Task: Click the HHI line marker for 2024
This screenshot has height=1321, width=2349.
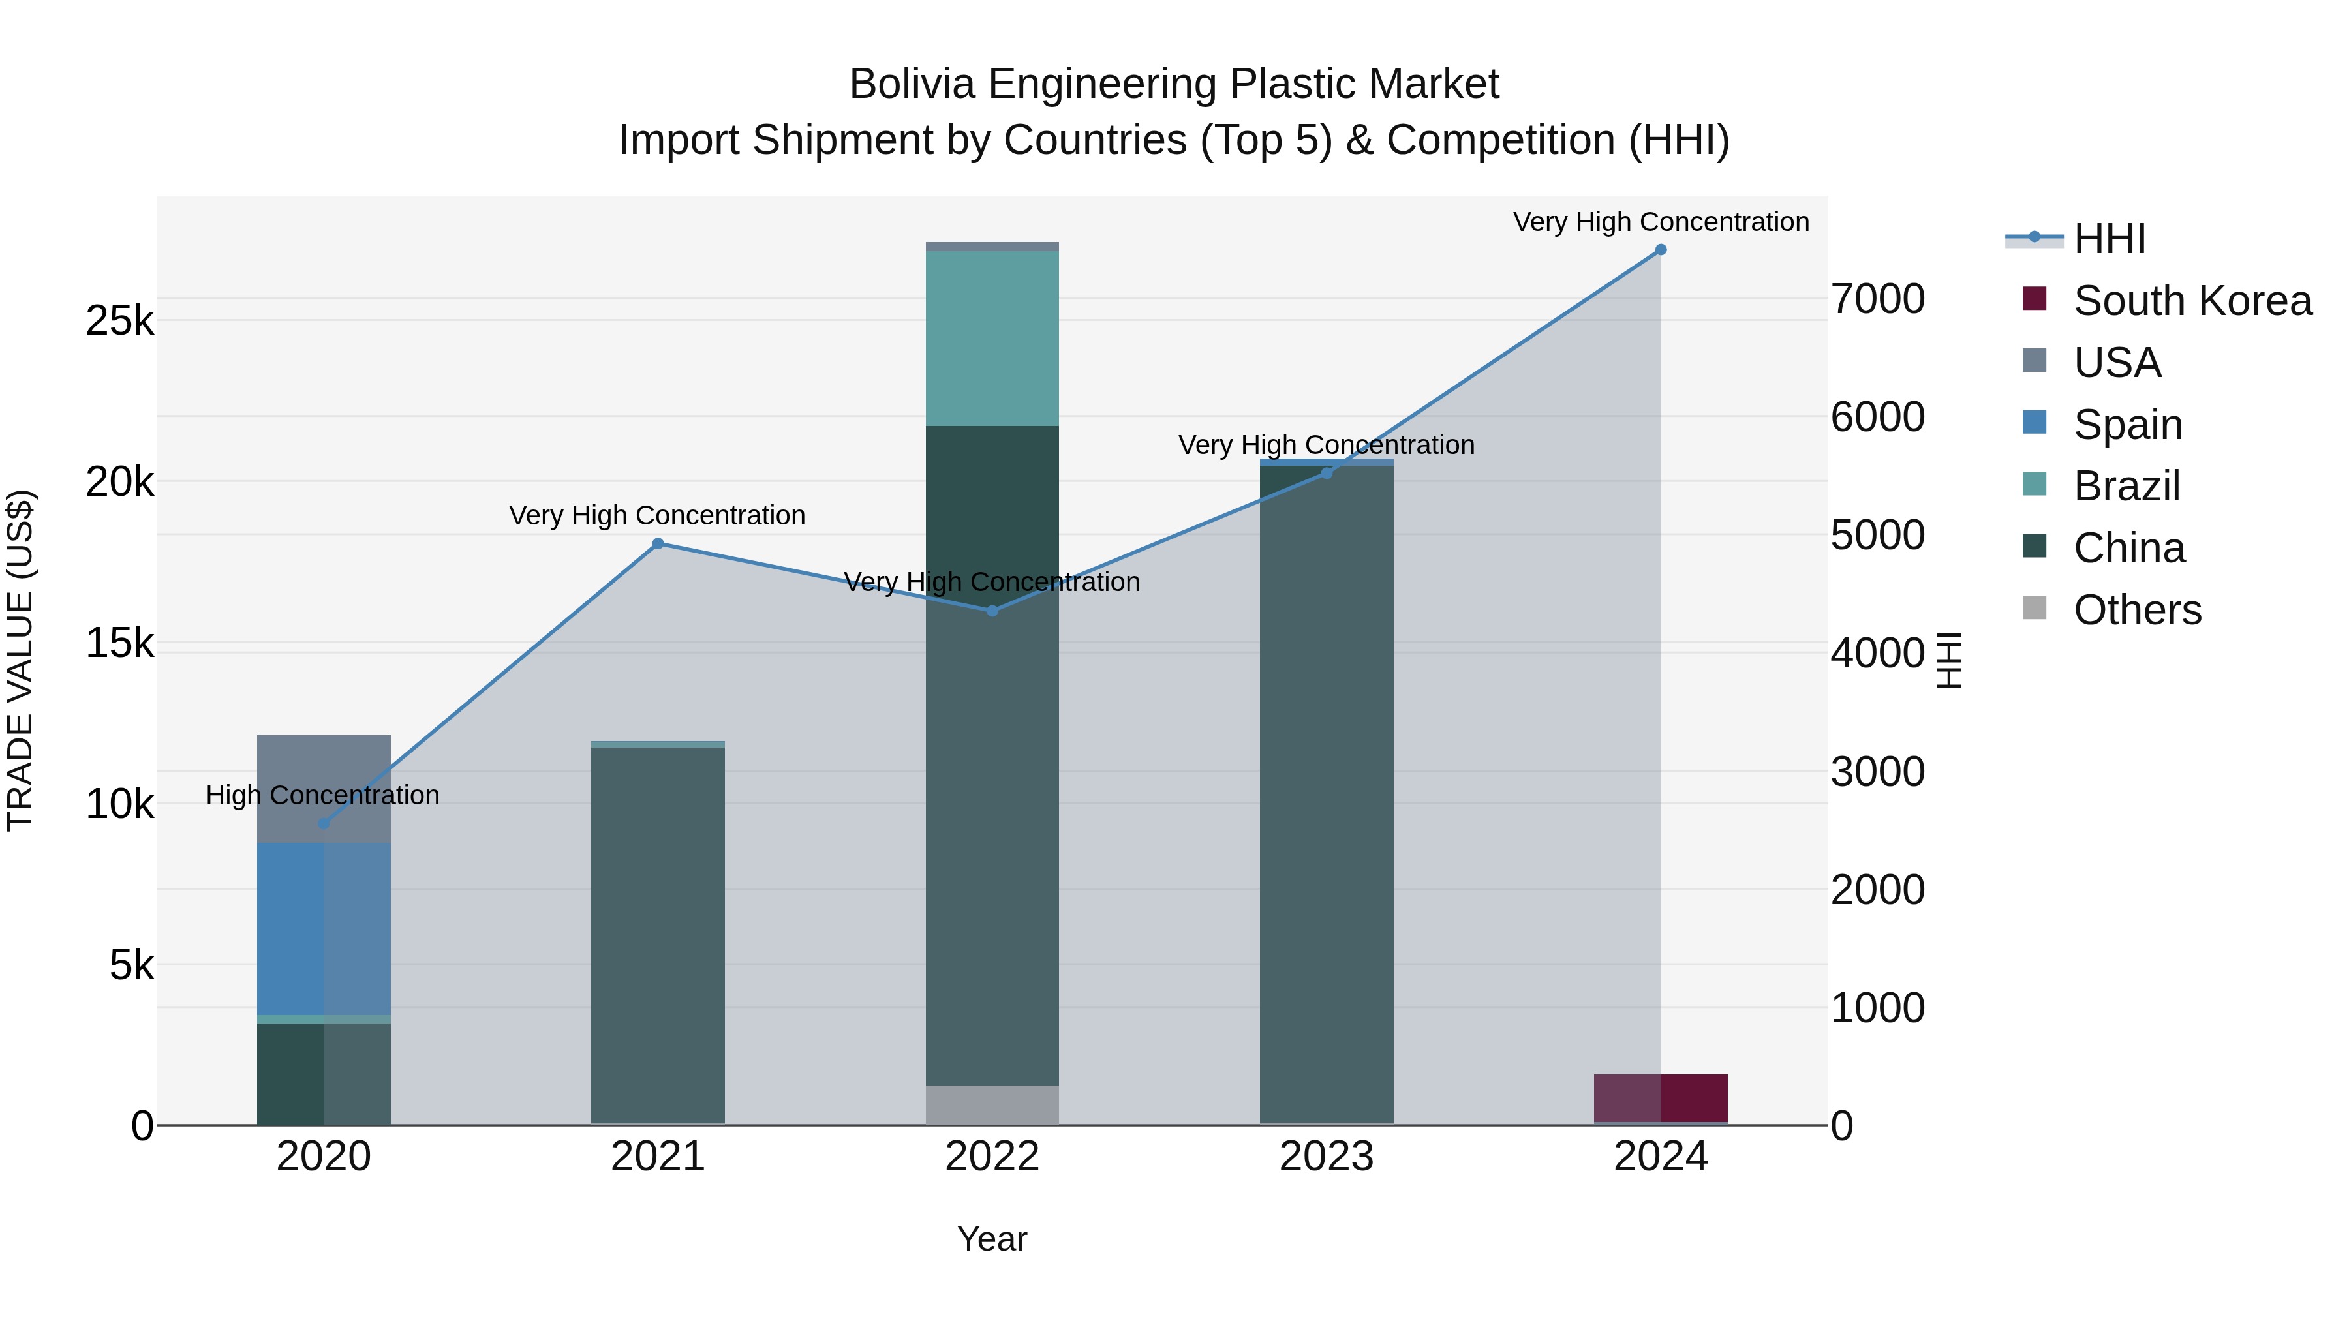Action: click(1661, 250)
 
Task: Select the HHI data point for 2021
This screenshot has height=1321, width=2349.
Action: click(658, 544)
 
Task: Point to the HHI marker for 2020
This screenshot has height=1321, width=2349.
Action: click(324, 823)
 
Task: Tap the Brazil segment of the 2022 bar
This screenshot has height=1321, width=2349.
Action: click(992, 338)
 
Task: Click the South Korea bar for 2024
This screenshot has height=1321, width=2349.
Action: click(1661, 1099)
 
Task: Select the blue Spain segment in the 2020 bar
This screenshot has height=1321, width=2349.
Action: click(324, 928)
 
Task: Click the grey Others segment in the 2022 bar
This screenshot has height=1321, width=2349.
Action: click(992, 1105)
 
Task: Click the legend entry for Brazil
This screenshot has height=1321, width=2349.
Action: click(2126, 486)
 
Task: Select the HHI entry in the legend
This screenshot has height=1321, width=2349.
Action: click(2108, 239)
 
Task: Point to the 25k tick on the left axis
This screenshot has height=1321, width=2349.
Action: click(119, 321)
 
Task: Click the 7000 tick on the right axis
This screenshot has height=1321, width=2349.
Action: click(1879, 299)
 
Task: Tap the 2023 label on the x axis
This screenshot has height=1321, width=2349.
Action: click(1326, 1157)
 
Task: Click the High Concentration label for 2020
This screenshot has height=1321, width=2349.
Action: click(323, 795)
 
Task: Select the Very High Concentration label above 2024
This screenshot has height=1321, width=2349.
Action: click(1661, 222)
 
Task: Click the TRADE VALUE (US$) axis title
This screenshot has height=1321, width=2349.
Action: click(20, 660)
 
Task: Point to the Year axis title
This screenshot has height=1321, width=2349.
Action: click(992, 1239)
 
